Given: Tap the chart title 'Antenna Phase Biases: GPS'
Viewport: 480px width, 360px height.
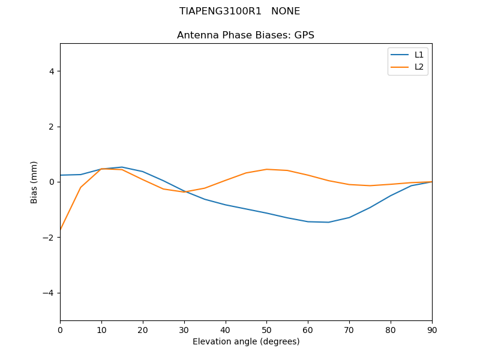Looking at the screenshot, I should [x=245, y=35].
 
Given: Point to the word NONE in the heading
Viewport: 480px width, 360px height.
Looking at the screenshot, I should [x=286, y=11].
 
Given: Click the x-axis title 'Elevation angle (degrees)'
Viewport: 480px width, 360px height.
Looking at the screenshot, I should [x=246, y=341].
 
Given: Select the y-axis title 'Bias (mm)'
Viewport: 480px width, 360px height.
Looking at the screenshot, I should [x=34, y=182].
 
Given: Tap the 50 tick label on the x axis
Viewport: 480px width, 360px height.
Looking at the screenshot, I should [x=266, y=329].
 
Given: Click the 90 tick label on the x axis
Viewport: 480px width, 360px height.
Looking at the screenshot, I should [x=432, y=329].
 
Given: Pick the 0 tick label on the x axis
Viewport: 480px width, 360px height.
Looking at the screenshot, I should [x=60, y=329].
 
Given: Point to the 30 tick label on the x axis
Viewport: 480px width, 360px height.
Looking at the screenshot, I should [x=184, y=329].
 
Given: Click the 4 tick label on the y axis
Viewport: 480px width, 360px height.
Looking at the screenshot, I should [x=52, y=71].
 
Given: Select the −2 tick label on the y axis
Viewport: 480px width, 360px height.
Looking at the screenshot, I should [x=49, y=238].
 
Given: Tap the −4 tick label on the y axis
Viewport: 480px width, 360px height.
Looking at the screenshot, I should [x=49, y=293].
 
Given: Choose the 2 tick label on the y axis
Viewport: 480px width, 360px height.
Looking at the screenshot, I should [x=52, y=127].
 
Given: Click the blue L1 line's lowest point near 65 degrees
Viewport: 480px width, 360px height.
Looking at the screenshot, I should [x=328, y=222].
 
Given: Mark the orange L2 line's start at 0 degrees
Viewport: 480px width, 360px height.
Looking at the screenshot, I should [x=61, y=230].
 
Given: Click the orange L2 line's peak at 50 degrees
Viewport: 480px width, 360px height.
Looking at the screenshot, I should [x=266, y=169].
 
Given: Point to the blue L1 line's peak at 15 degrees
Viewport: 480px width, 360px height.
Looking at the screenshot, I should [x=122, y=167].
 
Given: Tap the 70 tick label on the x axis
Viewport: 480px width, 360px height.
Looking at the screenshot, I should [x=349, y=329].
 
